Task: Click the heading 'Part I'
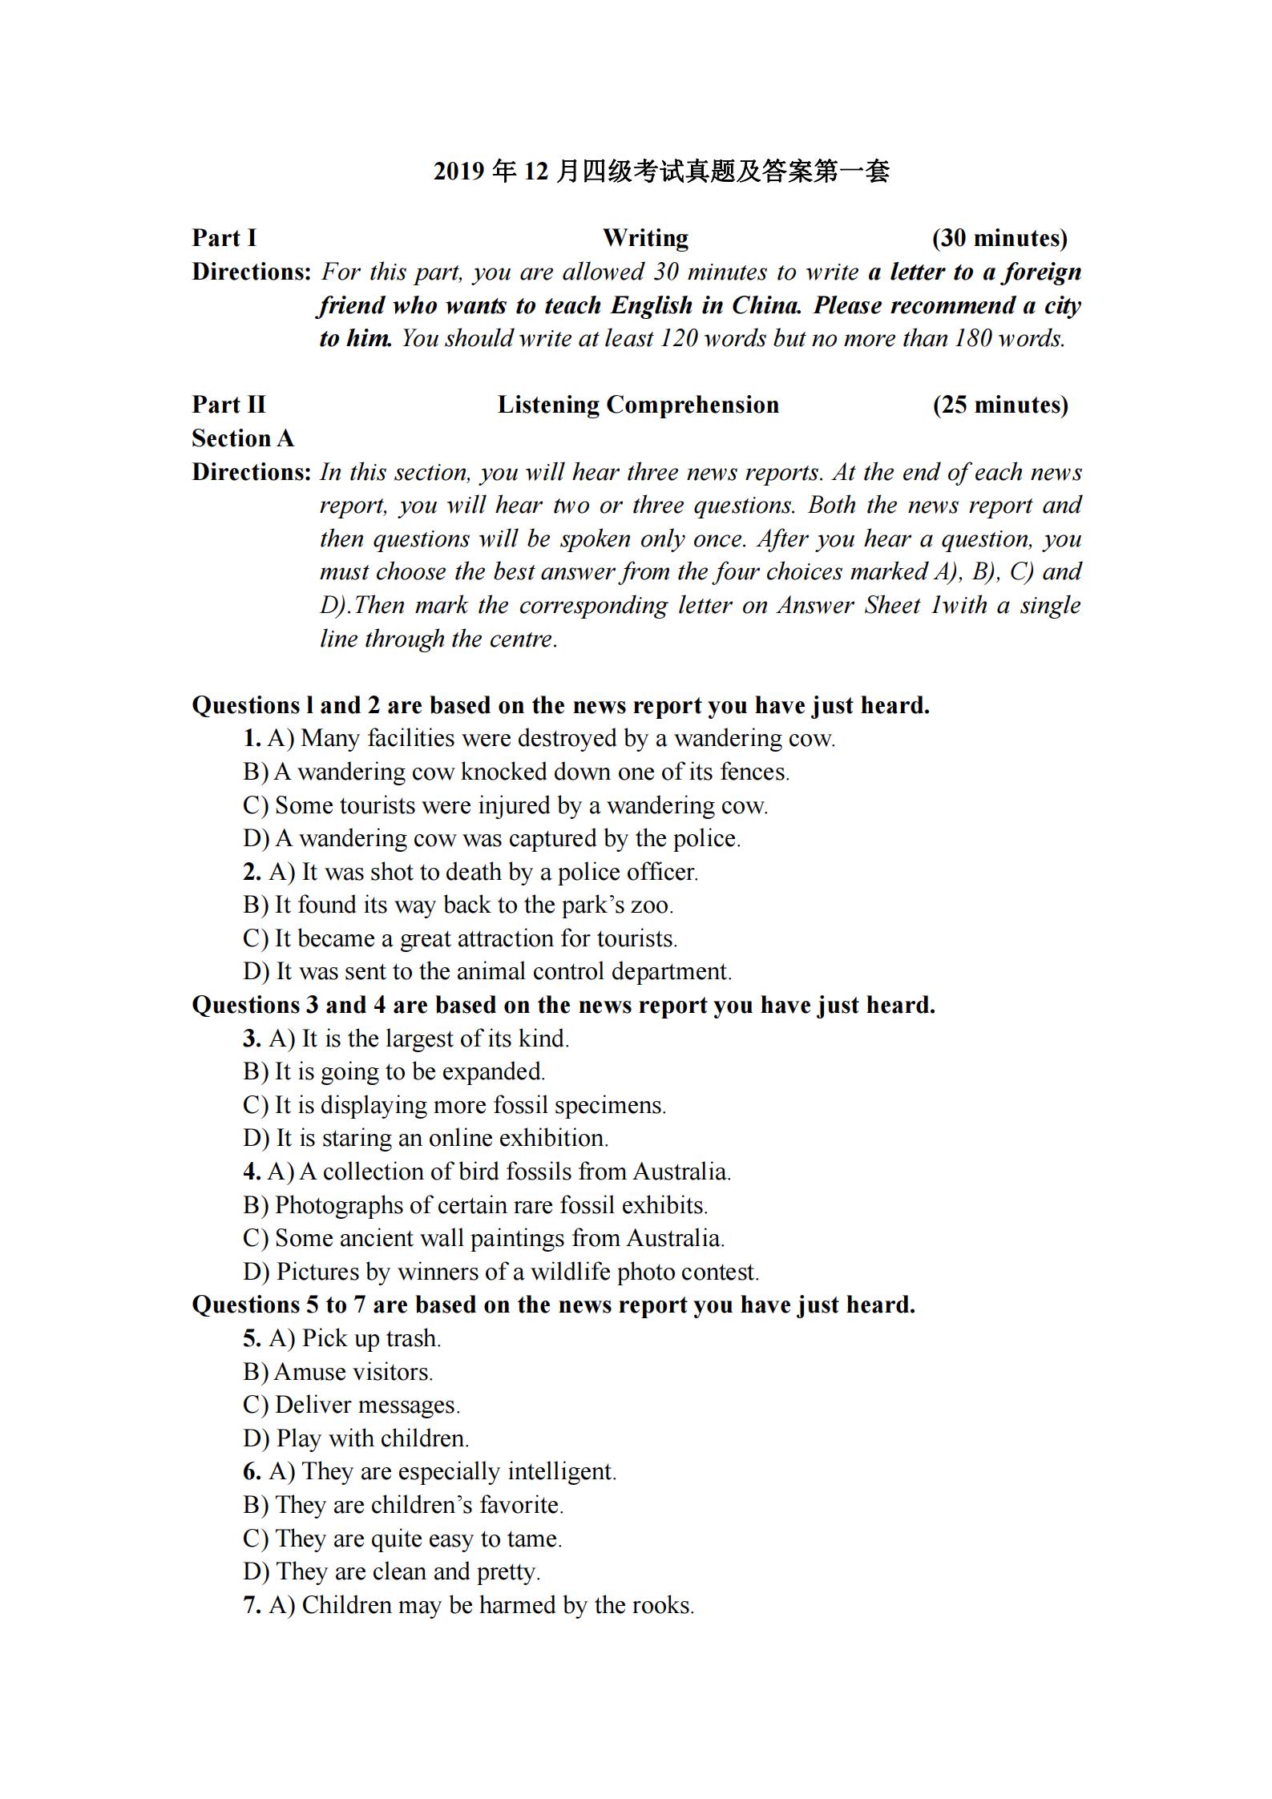224,238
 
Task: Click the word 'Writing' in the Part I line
645,238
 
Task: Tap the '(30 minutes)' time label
999,238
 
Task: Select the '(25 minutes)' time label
1000,405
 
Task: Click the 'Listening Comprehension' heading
638,405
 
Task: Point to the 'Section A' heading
243,438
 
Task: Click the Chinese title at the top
661,171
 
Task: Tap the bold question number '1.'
252,738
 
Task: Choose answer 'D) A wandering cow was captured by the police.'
492,838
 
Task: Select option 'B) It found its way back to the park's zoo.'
458,905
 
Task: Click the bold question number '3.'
252,1039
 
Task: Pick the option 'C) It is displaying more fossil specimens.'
454,1105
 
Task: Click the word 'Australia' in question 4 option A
680,1172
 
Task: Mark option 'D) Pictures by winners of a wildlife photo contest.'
501,1272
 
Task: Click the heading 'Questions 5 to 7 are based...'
553,1305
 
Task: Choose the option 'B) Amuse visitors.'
338,1372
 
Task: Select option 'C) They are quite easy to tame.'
402,1539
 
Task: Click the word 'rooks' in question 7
661,1605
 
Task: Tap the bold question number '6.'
252,1471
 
